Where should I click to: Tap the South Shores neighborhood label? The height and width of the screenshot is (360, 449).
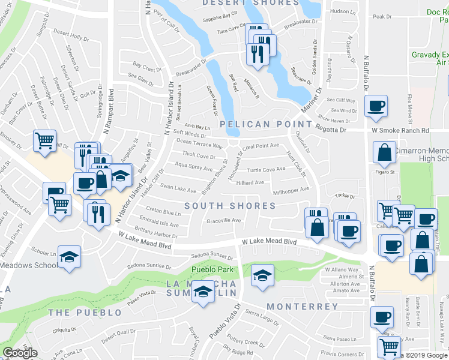230,206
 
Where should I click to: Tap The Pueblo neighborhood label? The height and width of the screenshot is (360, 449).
85,313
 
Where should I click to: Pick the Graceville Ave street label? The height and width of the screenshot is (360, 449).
224,220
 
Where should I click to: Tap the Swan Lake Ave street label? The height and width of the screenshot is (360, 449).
178,190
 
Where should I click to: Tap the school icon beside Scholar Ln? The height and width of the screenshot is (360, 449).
70,256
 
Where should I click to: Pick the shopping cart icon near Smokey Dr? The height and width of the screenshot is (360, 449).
44,141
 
